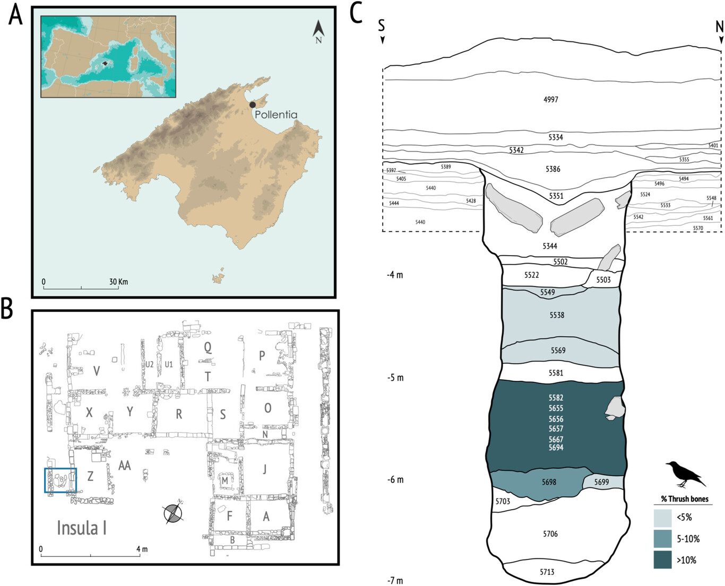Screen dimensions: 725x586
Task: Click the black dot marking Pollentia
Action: (x=252, y=105)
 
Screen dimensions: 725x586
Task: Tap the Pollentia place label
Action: (x=276, y=115)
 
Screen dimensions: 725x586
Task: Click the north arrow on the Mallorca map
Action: (x=318, y=32)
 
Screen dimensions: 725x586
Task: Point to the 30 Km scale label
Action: (x=118, y=282)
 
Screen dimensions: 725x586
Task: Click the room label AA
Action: (x=124, y=465)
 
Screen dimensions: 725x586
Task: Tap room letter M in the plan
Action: (x=225, y=480)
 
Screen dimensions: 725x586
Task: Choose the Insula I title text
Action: (x=82, y=528)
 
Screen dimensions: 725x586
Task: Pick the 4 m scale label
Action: (x=142, y=548)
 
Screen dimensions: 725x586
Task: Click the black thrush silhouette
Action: (x=686, y=474)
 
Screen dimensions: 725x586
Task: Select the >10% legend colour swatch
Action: (x=662, y=559)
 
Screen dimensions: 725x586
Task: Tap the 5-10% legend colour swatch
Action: (x=662, y=539)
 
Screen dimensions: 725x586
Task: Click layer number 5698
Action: (x=549, y=482)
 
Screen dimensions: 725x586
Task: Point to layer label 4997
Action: (x=551, y=99)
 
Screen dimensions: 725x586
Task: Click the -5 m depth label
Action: (x=395, y=378)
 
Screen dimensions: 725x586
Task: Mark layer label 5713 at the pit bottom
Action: (x=547, y=572)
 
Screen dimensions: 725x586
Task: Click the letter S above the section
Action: (x=382, y=25)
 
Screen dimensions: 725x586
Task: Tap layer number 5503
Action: (x=603, y=279)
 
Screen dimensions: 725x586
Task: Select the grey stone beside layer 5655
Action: (x=615, y=408)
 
